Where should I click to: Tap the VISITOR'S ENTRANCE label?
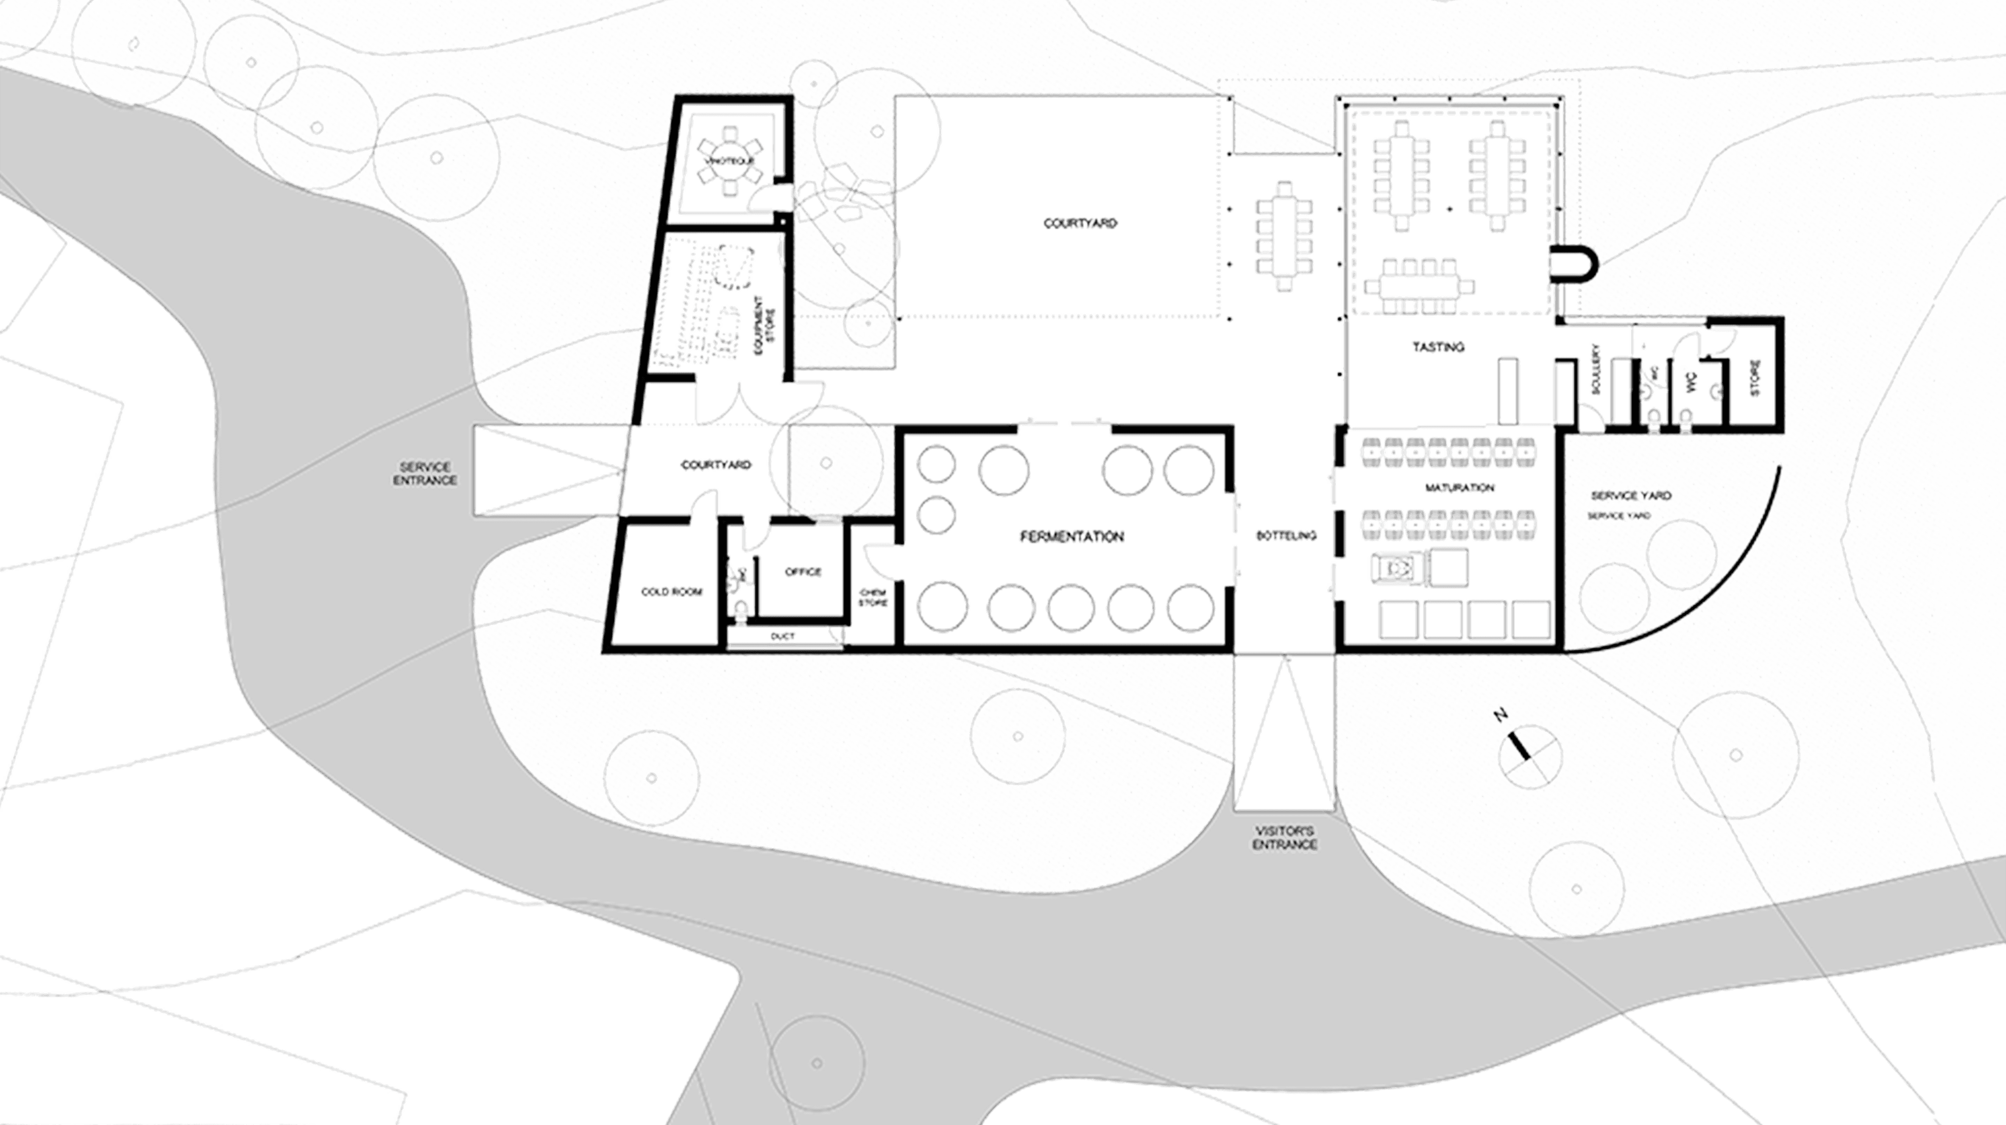(1285, 838)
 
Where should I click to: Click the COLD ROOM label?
(671, 592)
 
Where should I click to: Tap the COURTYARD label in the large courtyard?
(1080, 223)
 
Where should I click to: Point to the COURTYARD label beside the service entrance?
(717, 465)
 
